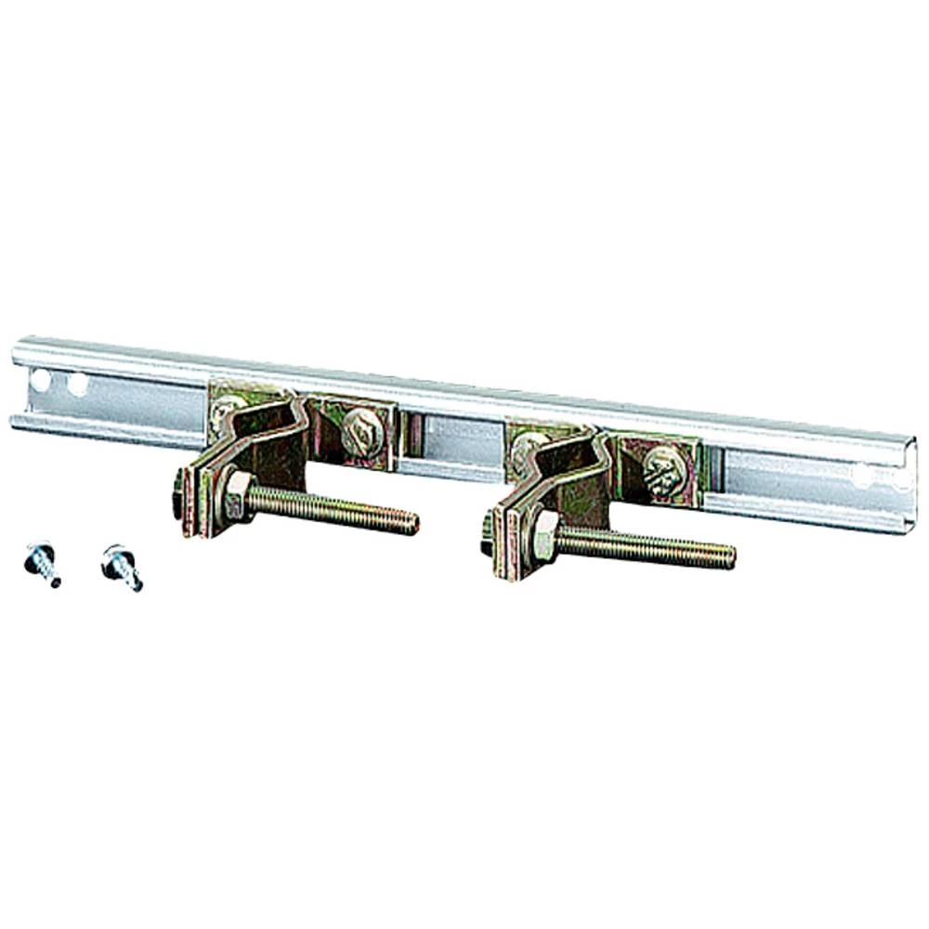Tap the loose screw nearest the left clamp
click(x=120, y=565)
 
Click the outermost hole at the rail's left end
click(x=40, y=379)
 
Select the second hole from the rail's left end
click(x=78, y=383)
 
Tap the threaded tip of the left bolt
click(x=411, y=524)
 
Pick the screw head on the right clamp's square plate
click(x=665, y=471)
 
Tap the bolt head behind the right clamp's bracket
click(x=486, y=533)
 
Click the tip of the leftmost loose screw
click(x=56, y=582)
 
